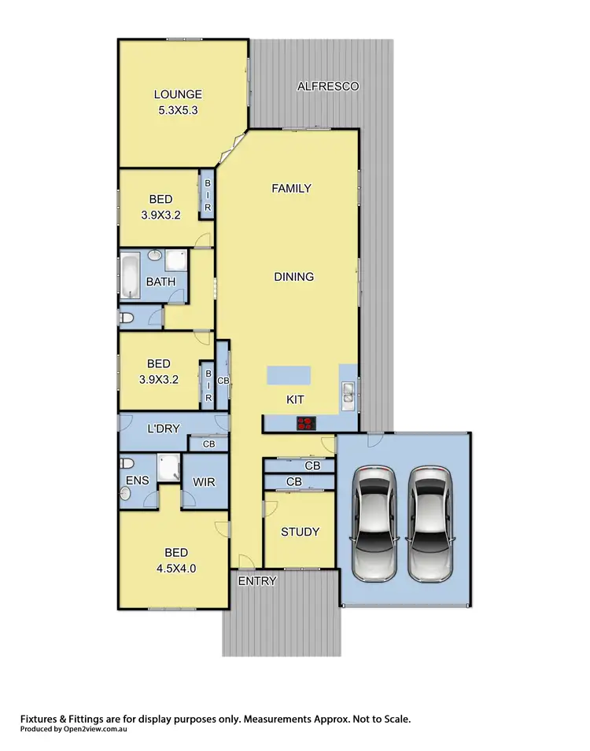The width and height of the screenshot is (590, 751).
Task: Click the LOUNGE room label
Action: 177,95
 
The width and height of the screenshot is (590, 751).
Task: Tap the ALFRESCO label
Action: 327,86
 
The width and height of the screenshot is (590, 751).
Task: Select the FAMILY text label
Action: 291,188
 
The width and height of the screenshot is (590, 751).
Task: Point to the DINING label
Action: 293,277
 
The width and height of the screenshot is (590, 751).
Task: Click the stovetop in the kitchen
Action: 306,424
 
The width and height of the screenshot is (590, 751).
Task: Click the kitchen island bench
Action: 288,376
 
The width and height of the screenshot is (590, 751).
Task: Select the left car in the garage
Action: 372,521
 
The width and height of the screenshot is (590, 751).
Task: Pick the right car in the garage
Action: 429,521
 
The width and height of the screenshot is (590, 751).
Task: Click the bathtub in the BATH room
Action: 129,277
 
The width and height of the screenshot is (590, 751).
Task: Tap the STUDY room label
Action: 301,532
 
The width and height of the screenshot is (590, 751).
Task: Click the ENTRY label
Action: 256,581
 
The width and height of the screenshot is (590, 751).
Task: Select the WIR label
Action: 204,481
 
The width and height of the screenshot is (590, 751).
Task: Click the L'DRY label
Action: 166,429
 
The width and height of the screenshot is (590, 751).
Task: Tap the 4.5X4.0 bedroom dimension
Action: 176,567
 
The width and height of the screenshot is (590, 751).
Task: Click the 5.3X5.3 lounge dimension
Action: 177,111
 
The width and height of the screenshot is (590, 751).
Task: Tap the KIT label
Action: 295,400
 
